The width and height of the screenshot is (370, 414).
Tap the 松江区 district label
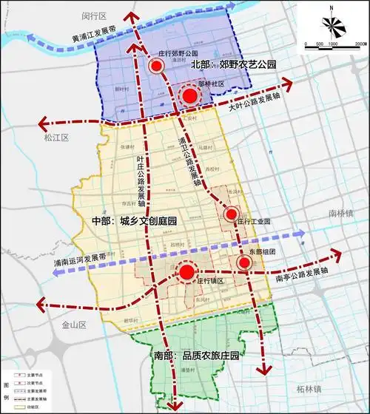[55, 138]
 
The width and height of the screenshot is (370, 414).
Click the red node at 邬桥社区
[190, 96]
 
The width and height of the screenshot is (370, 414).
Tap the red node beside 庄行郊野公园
[156, 66]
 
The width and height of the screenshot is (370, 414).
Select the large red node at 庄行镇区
[186, 274]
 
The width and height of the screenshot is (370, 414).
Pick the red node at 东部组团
[244, 262]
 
